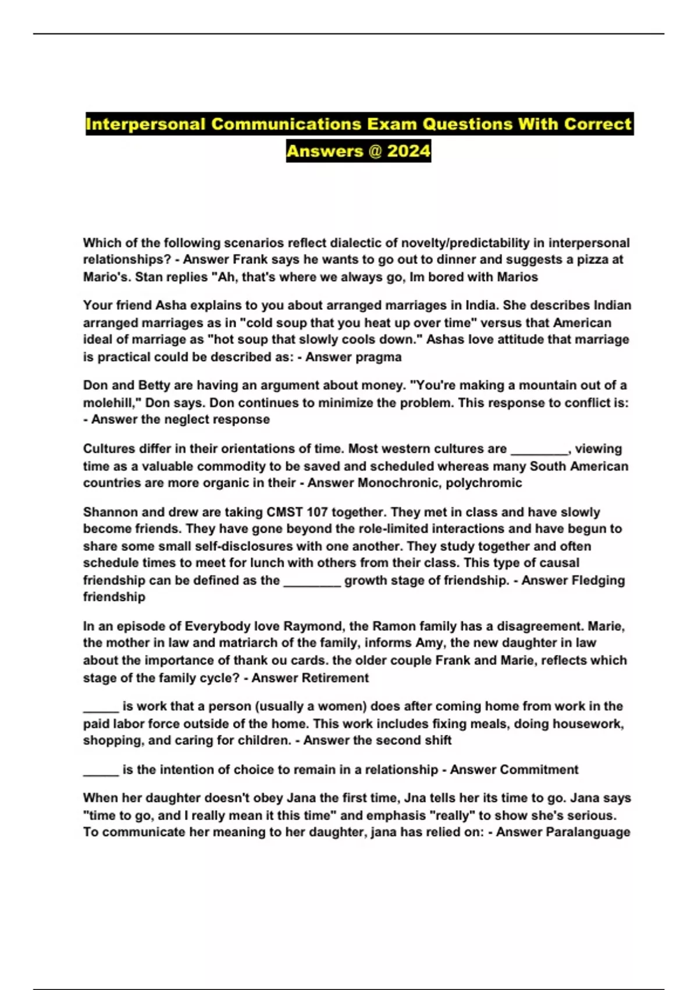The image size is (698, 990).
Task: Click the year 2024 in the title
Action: click(x=408, y=151)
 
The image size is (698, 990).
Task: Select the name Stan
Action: click(x=148, y=277)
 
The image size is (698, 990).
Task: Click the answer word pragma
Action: click(x=379, y=357)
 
